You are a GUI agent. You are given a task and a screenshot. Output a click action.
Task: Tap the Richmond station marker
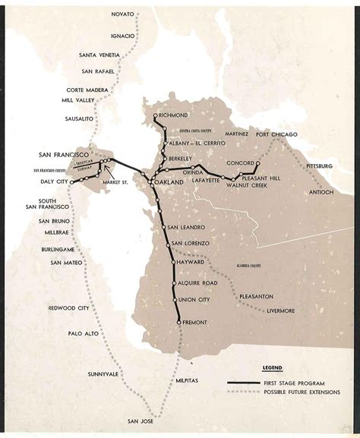155,115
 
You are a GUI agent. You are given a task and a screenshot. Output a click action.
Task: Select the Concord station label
238,162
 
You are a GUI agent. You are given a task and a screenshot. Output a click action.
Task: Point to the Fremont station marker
179,323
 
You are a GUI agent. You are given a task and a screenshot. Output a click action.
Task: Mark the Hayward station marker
173,262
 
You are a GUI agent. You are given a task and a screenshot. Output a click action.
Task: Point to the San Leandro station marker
163,227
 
